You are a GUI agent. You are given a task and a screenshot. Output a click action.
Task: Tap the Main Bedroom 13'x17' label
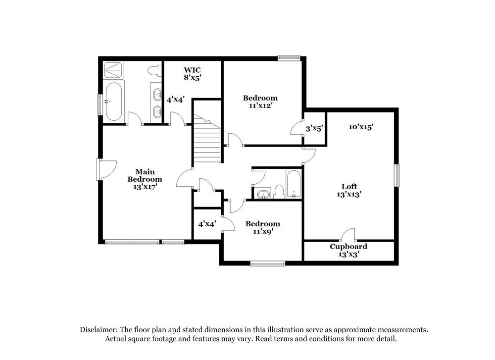coord(145,179)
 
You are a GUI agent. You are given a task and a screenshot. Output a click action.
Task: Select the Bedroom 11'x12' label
coord(260,102)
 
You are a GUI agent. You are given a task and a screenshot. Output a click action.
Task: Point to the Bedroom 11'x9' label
coord(263,227)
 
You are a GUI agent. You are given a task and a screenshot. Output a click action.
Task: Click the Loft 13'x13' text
coord(349,191)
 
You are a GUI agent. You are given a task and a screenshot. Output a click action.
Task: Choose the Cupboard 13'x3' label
coord(348,250)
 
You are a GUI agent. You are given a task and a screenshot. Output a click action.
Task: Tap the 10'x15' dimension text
coord(361,127)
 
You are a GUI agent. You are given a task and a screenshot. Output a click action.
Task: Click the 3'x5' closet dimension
coord(314,128)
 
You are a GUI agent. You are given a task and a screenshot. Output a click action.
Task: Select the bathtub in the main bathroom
coord(113,102)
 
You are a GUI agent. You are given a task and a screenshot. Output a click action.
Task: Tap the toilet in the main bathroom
coord(157,71)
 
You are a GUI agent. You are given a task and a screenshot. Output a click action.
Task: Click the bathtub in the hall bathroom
coord(294,184)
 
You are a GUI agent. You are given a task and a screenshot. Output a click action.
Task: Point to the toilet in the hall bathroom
coord(279,191)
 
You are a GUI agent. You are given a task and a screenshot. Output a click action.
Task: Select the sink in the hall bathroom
coord(263,194)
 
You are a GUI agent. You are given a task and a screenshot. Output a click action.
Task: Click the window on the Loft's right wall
coord(396,176)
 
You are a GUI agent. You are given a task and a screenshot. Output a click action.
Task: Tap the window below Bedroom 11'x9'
coord(267,263)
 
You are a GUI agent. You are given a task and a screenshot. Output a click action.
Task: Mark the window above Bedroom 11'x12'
coord(289,58)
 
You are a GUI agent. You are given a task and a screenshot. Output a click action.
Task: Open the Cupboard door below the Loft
coord(348,235)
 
